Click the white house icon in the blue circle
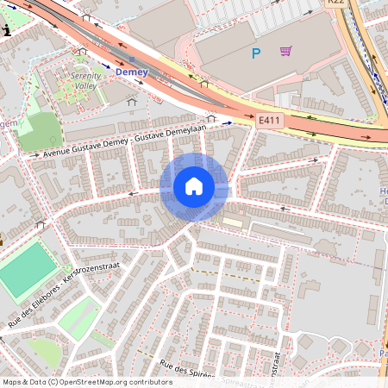[x=194, y=186]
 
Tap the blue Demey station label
[x=132, y=72]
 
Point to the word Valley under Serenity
[x=84, y=86]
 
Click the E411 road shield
[x=269, y=123]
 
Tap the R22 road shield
[x=335, y=3]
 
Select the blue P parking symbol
[x=255, y=53]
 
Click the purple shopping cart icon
[x=285, y=51]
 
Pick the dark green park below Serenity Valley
[x=40, y=131]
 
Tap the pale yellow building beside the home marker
[x=233, y=222]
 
